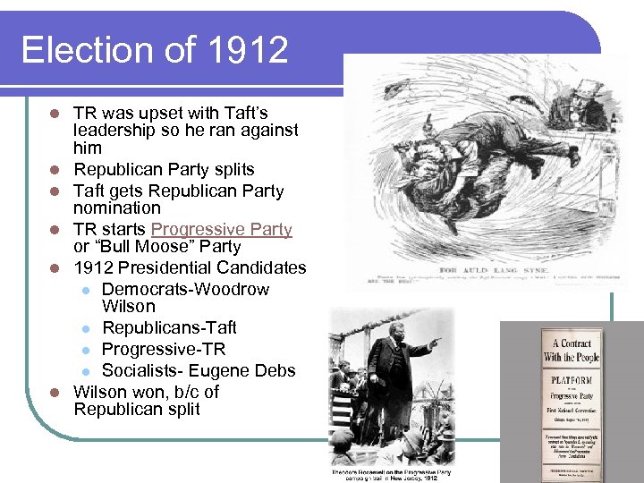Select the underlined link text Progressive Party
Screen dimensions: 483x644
(222, 229)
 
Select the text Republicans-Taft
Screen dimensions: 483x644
(169, 327)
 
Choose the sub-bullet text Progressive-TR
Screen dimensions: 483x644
(164, 349)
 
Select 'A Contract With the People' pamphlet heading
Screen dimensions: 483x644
(571, 351)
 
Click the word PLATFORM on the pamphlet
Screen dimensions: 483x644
(571, 379)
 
